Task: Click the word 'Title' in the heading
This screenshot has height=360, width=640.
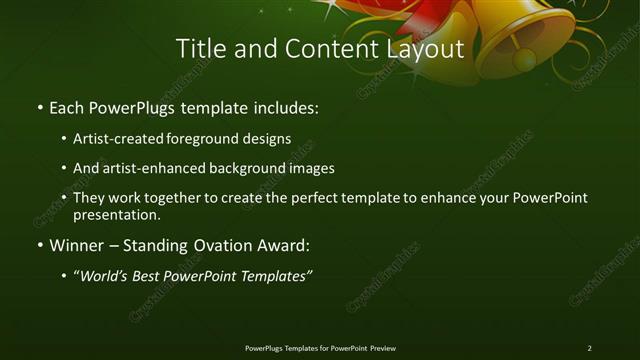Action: pos(199,48)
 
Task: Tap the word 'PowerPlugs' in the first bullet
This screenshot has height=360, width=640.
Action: pos(139,106)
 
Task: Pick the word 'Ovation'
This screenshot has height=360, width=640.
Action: pos(215,245)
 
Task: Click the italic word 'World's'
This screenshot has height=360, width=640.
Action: pos(105,275)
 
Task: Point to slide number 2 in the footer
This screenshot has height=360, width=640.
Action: pos(590,348)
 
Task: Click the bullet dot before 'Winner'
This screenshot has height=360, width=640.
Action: pos(39,245)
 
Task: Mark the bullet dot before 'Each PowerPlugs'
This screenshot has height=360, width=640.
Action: pos(39,106)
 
